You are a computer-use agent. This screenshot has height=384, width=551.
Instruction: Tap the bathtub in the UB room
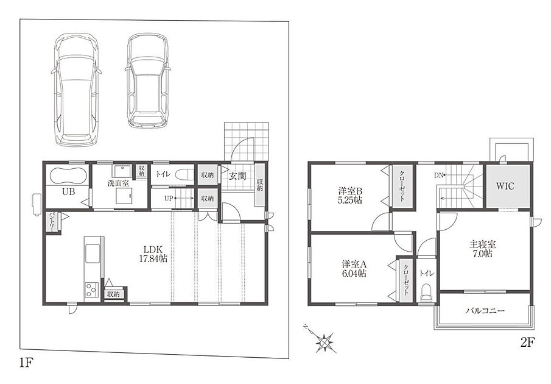pyautogui.click(x=69, y=175)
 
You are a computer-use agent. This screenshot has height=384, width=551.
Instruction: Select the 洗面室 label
pyautogui.click(x=118, y=183)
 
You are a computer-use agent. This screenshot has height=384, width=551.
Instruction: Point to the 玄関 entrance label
pyautogui.click(x=237, y=176)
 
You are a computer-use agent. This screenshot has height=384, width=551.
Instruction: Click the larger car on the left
pyautogui.click(x=77, y=90)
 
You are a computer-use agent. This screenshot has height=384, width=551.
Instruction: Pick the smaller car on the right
pyautogui.click(x=147, y=81)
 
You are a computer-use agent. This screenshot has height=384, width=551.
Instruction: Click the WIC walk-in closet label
pyautogui.click(x=505, y=186)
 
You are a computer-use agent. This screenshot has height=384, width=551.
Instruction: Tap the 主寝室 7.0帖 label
pyautogui.click(x=482, y=249)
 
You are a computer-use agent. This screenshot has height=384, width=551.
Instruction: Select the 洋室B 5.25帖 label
pyautogui.click(x=350, y=196)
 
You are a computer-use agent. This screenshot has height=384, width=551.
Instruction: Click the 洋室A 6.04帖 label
pyautogui.click(x=354, y=269)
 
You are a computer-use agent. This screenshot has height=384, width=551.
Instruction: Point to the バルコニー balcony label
pyautogui.click(x=486, y=311)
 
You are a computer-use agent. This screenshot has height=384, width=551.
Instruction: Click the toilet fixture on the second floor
pyautogui.click(x=426, y=292)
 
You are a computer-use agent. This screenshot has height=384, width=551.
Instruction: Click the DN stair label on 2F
pyautogui.click(x=439, y=175)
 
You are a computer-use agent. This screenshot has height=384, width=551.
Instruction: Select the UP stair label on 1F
pyautogui.click(x=169, y=198)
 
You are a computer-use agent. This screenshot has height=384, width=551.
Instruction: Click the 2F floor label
pyautogui.click(x=527, y=342)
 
